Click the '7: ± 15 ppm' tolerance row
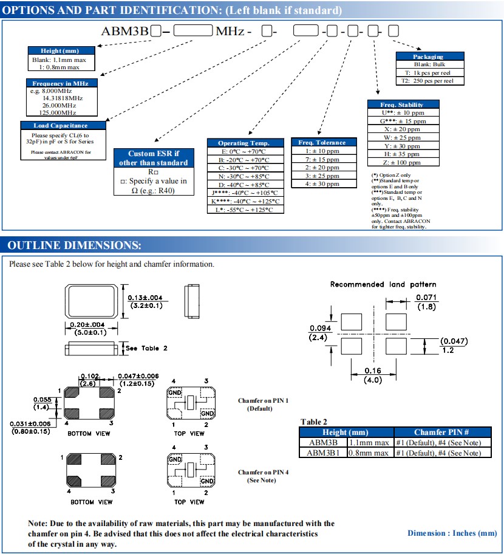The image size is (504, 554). tap(322, 159)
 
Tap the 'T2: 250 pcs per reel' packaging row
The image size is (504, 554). tap(428, 80)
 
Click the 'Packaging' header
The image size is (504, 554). tap(428, 56)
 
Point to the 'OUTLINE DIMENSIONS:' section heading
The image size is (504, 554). tap(74, 245)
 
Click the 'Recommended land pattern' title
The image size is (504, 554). tap(383, 284)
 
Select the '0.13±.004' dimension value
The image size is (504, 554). tap(145, 297)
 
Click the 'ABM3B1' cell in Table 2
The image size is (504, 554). tap(322, 453)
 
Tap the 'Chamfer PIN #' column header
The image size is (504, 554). tap(441, 432)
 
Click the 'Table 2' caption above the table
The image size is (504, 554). tap(314, 422)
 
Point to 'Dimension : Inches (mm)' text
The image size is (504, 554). tap(452, 533)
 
